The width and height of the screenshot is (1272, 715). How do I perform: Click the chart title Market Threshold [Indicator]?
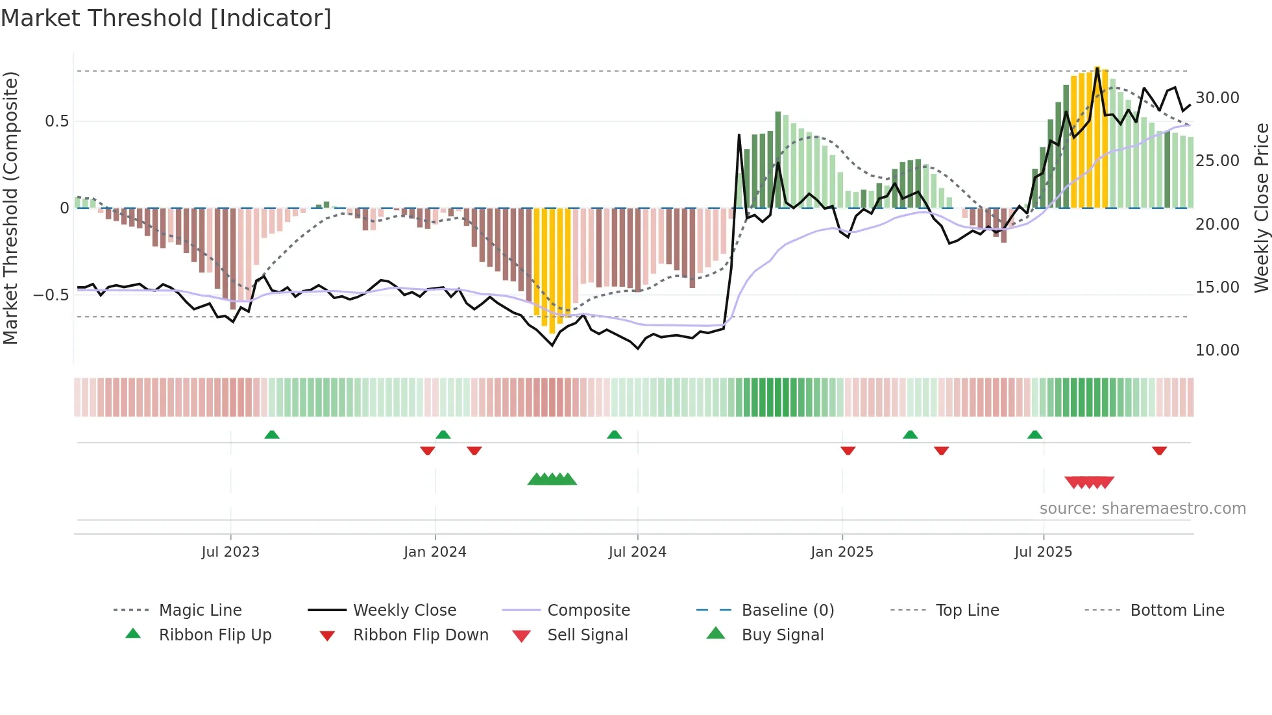pyautogui.click(x=166, y=18)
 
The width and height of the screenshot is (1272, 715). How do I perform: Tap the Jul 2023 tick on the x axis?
pyautogui.click(x=230, y=552)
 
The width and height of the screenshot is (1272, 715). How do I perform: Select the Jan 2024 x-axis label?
pyautogui.click(x=435, y=552)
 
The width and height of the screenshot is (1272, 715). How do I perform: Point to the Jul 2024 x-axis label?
pyautogui.click(x=637, y=552)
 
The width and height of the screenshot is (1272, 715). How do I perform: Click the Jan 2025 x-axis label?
pyautogui.click(x=842, y=552)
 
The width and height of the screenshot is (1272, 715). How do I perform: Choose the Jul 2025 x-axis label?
pyautogui.click(x=1043, y=552)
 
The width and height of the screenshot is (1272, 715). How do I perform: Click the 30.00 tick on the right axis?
pyautogui.click(x=1217, y=98)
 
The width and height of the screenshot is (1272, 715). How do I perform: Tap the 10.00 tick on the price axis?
pyautogui.click(x=1217, y=350)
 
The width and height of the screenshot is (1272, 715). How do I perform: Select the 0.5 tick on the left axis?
pyautogui.click(x=56, y=121)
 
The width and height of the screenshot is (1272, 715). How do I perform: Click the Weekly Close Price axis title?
pyautogui.click(x=1261, y=208)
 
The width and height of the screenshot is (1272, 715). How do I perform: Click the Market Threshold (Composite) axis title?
pyautogui.click(x=10, y=208)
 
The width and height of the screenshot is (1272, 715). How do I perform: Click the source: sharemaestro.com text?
pyautogui.click(x=1142, y=509)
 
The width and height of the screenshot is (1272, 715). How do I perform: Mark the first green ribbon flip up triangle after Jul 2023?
pyautogui.click(x=272, y=435)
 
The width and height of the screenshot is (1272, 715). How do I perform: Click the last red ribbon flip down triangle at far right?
pyautogui.click(x=1159, y=450)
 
